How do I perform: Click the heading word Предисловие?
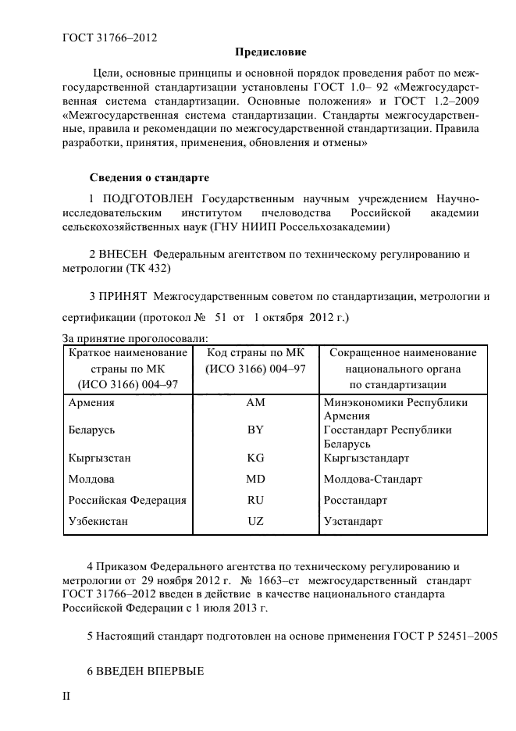[271, 53]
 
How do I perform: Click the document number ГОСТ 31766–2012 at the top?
[114, 37]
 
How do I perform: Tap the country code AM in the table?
[255, 403]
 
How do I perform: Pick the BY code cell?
[255, 430]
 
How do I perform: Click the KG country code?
[255, 458]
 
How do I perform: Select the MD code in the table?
[255, 479]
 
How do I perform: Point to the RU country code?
[255, 500]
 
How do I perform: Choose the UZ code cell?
[255, 520]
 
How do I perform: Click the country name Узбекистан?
[98, 520]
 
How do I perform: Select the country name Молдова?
[91, 479]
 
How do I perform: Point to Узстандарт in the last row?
[353, 520]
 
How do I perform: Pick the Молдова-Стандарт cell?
[372, 479]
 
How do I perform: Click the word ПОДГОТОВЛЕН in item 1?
[146, 199]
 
